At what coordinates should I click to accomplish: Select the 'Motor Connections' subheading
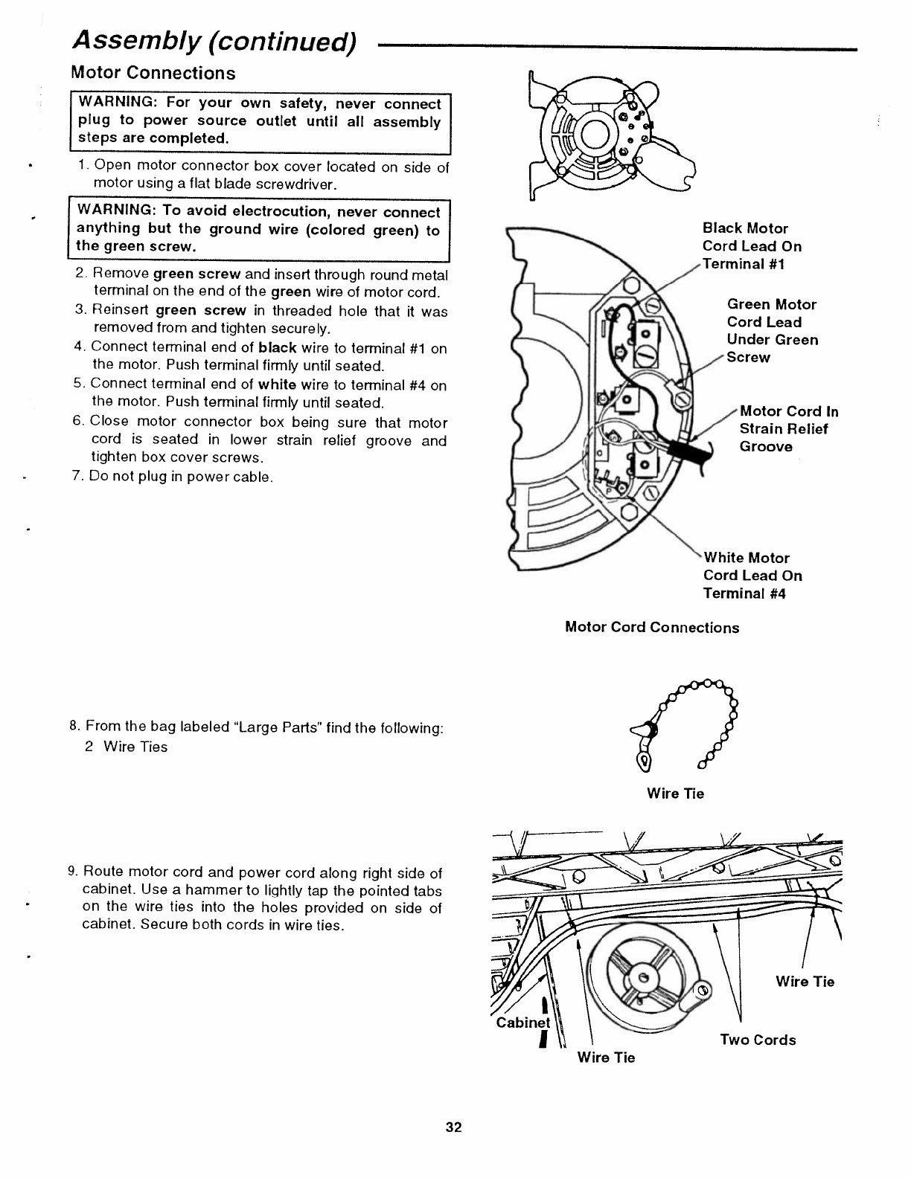coord(153,73)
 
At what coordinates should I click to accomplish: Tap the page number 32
coord(454,1127)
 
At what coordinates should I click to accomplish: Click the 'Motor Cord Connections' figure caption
coord(652,627)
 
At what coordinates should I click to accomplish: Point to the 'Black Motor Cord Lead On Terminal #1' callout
coord(752,246)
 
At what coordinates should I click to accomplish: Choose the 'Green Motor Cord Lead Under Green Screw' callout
coord(772,330)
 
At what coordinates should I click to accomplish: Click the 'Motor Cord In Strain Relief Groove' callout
coord(788,428)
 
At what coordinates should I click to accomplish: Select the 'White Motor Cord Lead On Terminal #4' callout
coord(752,575)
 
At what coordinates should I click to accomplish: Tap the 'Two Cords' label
coord(758,1040)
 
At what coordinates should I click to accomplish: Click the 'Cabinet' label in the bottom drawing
coord(522,1023)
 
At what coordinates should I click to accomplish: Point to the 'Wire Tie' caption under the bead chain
coord(675,794)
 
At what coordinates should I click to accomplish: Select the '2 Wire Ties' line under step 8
coord(126,747)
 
